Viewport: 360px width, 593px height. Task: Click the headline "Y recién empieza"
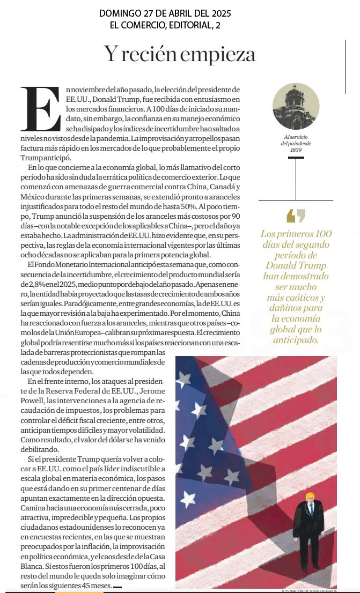click(180, 54)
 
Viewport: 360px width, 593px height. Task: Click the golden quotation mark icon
click(296, 215)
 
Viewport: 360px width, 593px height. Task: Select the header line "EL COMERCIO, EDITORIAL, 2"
click(165, 25)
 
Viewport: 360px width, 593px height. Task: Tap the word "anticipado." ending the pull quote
click(296, 340)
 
